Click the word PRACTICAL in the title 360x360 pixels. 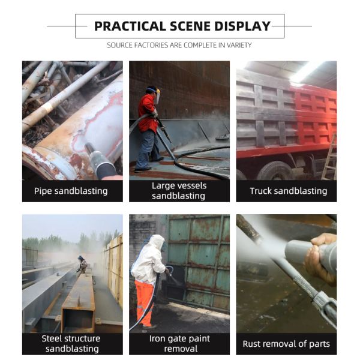pos(130,26)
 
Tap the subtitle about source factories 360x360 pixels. pos(179,45)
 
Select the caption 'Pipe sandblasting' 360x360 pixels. pos(73,191)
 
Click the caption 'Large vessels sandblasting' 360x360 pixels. pos(179,191)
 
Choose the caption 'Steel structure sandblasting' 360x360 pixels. pos(73,344)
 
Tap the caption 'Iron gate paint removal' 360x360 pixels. pos(179,344)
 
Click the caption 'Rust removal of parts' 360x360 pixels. pos(286,344)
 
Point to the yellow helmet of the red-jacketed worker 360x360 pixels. pos(151,91)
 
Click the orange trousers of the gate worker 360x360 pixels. pos(144,302)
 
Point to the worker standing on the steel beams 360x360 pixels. pos(82,264)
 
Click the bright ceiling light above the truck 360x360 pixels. pos(306,72)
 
